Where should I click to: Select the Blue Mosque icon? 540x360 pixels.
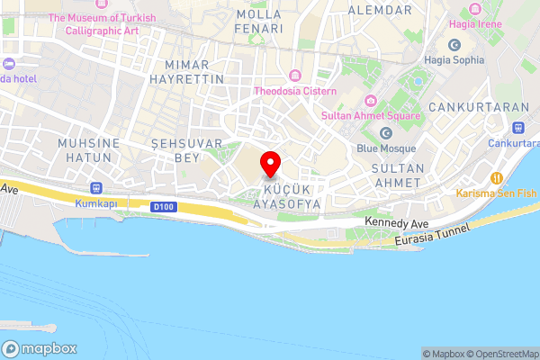point(386,133)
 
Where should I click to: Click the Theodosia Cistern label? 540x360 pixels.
point(295,91)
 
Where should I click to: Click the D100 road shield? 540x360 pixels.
point(162,207)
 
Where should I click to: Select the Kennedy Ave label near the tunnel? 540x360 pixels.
point(397,221)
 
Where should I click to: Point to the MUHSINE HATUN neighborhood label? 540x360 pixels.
point(85,150)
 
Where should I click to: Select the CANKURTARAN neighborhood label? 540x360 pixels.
point(478,107)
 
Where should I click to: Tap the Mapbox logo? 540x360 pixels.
point(40,348)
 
